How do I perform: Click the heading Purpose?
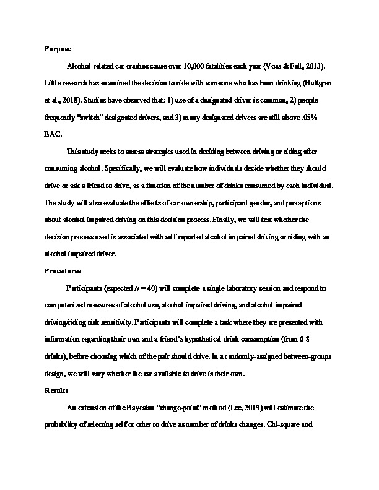point(58,48)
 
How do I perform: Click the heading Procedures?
point(62,271)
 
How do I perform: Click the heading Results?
point(56,390)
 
